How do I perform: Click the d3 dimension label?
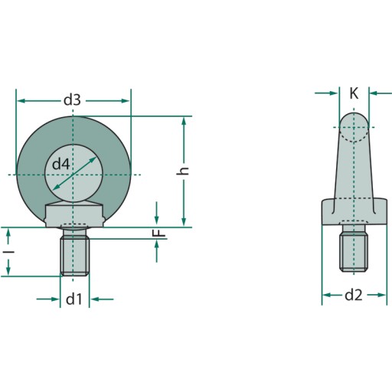(x=72, y=100)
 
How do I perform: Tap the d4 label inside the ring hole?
(x=60, y=164)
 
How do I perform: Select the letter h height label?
(x=183, y=171)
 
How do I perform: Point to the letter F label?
(x=160, y=233)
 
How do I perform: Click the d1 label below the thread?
(x=73, y=299)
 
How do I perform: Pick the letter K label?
(x=354, y=93)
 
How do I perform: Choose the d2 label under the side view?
(x=354, y=296)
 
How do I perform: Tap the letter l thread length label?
(x=9, y=252)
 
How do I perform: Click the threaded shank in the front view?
(x=75, y=256)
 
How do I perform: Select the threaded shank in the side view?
(x=354, y=253)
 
